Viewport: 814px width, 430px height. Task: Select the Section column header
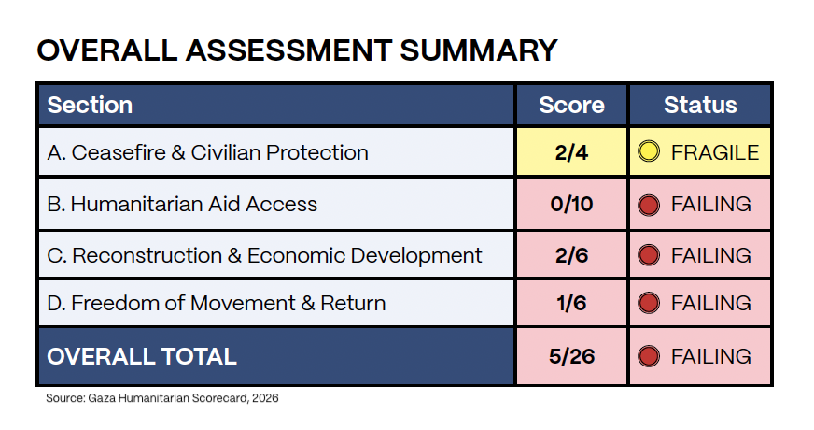point(90,106)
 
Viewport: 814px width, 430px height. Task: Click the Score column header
point(571,106)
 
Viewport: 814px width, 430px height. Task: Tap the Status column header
point(700,106)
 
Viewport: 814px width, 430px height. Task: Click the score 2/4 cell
point(571,152)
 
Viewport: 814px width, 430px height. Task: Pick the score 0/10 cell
point(571,204)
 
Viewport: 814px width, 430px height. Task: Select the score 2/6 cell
point(571,255)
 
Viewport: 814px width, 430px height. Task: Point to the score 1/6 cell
point(571,303)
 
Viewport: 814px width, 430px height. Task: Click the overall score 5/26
point(571,356)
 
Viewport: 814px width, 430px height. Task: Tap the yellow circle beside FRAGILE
point(650,152)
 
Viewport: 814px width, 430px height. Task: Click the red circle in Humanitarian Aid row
point(650,204)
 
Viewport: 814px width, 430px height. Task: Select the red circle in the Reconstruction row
point(650,255)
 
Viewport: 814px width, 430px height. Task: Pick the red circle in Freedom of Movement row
point(650,303)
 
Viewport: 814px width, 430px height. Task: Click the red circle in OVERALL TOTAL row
point(650,356)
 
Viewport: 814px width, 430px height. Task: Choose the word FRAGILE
point(714,152)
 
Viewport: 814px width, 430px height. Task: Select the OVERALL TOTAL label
point(142,356)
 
